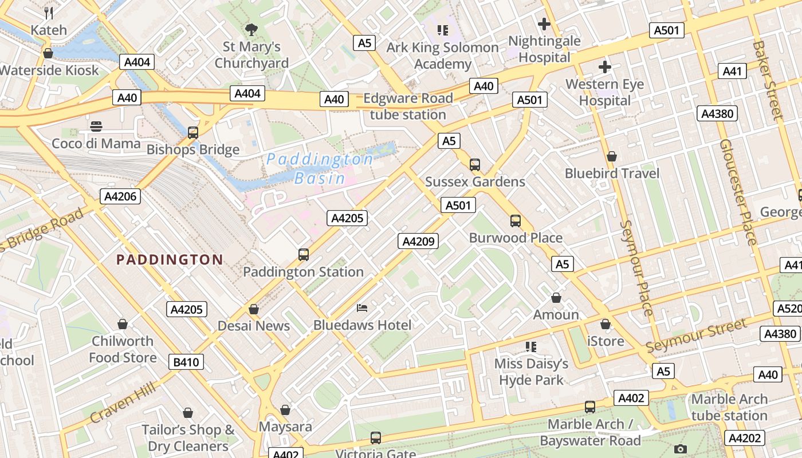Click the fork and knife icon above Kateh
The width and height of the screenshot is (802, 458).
[x=49, y=13]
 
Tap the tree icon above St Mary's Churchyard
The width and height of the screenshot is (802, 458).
[x=251, y=29]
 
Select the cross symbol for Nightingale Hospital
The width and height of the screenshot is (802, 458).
[x=544, y=24]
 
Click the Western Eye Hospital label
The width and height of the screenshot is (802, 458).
[x=604, y=93]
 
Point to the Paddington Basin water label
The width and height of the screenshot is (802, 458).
[x=320, y=168]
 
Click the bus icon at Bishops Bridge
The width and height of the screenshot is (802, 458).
[x=193, y=133]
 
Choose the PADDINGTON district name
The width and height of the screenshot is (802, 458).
[x=170, y=260]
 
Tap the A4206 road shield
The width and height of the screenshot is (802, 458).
[x=120, y=197]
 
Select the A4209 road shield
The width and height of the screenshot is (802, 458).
[x=418, y=241]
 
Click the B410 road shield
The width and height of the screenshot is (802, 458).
[x=186, y=362]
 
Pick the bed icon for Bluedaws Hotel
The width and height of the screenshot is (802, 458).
[x=362, y=308]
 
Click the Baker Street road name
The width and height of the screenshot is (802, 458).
[x=768, y=80]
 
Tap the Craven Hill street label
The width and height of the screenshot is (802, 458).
[x=123, y=404]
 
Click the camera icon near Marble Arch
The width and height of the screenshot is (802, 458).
[x=680, y=449]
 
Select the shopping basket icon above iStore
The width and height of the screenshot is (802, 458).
[x=606, y=324]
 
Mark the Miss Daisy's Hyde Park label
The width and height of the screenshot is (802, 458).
[x=532, y=372]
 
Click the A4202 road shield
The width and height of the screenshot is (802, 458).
[x=744, y=439]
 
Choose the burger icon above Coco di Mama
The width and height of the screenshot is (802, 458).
[x=96, y=126]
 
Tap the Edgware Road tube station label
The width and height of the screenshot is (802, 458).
[x=408, y=106]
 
